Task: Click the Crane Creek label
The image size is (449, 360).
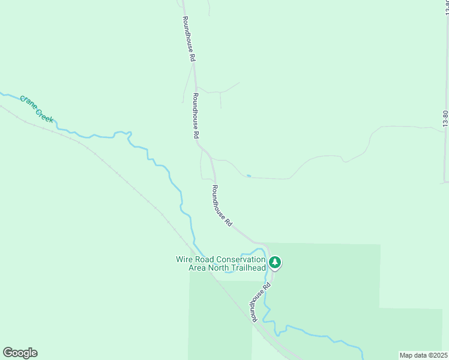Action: click(37, 109)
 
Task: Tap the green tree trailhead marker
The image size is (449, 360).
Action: click(275, 262)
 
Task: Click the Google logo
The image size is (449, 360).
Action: click(20, 353)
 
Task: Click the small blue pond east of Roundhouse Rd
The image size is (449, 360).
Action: click(248, 176)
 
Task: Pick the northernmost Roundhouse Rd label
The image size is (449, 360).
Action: click(189, 39)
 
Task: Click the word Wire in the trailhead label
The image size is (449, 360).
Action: click(184, 259)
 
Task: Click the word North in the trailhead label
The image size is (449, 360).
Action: click(218, 268)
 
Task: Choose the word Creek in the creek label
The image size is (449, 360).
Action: click(44, 115)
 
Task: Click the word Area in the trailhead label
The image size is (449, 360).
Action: click(197, 268)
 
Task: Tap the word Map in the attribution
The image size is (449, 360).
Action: click(407, 355)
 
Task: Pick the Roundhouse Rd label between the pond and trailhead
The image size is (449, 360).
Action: click(221, 205)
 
